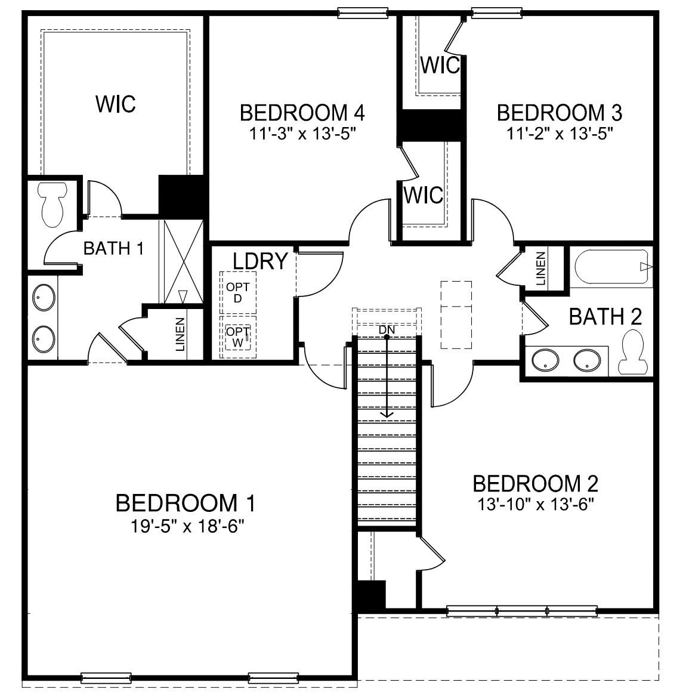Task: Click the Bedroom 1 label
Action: (x=186, y=503)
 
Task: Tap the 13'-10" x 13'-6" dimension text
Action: (x=536, y=505)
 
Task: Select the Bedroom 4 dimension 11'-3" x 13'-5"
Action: (x=303, y=133)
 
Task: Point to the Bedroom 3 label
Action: (x=560, y=113)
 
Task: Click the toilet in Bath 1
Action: (x=52, y=204)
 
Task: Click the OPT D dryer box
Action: (x=238, y=292)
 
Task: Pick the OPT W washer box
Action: (x=238, y=337)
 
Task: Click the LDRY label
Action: (x=261, y=261)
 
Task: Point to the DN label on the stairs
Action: (x=387, y=330)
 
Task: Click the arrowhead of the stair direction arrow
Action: (x=387, y=415)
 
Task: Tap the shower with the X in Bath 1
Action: (x=181, y=262)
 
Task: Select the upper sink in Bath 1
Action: (x=44, y=297)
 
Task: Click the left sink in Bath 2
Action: (x=545, y=360)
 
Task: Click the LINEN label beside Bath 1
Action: (x=180, y=334)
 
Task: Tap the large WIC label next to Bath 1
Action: (x=116, y=104)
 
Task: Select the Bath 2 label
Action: (x=605, y=317)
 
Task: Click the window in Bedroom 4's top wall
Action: (x=362, y=13)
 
